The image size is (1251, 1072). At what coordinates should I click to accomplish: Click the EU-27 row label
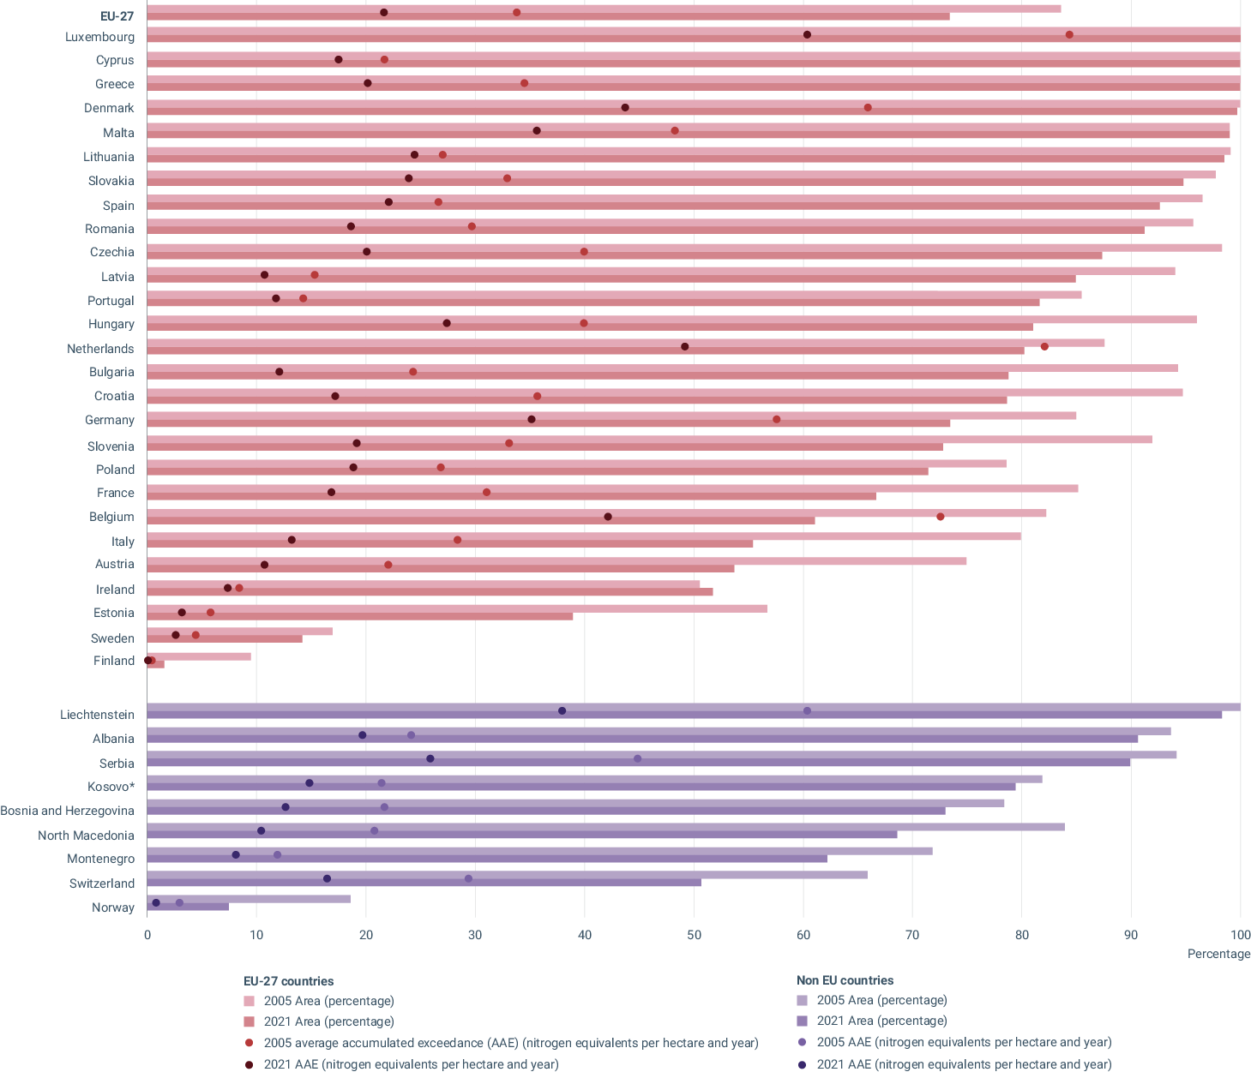tap(117, 15)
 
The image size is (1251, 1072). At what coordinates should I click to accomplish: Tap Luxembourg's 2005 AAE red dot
tap(1069, 35)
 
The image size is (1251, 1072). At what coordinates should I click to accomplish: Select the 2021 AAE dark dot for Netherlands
tap(684, 347)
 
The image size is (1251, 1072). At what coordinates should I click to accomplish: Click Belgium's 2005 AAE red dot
tap(941, 517)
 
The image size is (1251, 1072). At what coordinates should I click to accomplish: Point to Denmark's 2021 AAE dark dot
tap(625, 108)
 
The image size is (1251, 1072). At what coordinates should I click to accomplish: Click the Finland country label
tap(114, 661)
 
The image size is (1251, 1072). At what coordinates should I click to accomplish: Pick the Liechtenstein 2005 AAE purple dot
tap(807, 711)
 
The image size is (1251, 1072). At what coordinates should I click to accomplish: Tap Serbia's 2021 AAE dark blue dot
tap(430, 759)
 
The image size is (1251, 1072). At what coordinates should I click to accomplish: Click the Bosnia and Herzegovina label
tap(67, 811)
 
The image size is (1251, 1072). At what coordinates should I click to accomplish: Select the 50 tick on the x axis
tap(694, 935)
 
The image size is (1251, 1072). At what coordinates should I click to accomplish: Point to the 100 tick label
tap(1240, 935)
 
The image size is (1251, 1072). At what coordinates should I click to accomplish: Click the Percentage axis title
tap(1218, 954)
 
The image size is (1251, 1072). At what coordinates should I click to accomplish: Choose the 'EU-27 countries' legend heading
tap(289, 981)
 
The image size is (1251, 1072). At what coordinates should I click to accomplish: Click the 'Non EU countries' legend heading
tap(845, 980)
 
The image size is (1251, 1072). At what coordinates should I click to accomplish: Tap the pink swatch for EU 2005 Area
tap(250, 1001)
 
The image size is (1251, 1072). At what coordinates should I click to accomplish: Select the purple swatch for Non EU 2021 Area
tap(803, 1021)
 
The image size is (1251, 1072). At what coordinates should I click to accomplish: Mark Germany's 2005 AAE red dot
tap(777, 420)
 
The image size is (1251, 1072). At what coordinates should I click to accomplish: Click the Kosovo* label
tap(111, 787)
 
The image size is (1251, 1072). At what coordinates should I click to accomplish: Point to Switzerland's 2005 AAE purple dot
tap(468, 879)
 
